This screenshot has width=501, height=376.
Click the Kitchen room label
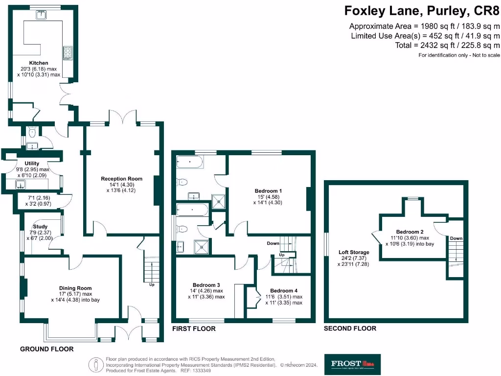pos(39,63)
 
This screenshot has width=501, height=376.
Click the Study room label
pos(40,227)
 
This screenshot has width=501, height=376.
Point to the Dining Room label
pos(75,288)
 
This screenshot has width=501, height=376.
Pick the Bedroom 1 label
pos(268,190)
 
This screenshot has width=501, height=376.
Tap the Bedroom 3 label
pos(206,284)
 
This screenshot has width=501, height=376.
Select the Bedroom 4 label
pos(284,290)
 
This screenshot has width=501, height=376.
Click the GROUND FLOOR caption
pos(46,349)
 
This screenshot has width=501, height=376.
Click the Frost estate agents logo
pos(352,364)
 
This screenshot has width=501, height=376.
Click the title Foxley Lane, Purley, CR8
pos(422,10)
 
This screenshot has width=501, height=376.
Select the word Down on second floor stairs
pos(456,238)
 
